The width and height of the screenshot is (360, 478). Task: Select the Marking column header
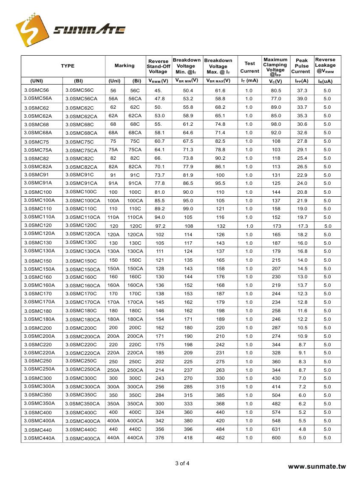point(125,66)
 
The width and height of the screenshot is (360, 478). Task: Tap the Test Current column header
point(249,67)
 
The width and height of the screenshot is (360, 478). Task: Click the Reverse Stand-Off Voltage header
point(158,66)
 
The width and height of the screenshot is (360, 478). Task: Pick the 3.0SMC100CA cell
point(83,201)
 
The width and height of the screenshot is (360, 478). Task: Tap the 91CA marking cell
point(135,183)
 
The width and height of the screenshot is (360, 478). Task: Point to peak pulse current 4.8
point(302,429)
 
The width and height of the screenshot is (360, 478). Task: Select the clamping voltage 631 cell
point(276,429)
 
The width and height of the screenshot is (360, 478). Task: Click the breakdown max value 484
point(220,429)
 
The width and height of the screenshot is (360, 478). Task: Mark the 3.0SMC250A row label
point(40,369)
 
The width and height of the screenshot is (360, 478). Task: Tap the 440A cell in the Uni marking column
point(113,438)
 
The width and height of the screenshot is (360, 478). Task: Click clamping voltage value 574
point(276,412)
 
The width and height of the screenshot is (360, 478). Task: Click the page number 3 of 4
point(182,464)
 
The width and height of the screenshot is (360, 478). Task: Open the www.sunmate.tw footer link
point(317,467)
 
